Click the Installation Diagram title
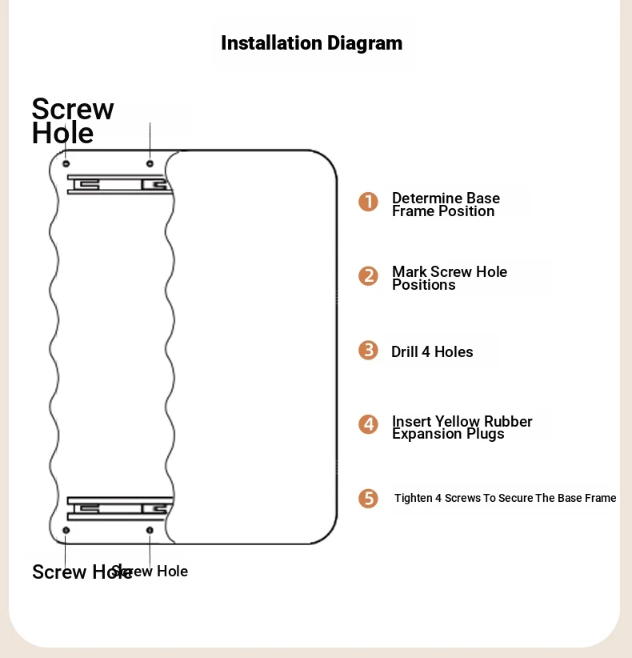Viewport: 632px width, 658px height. pyautogui.click(x=311, y=43)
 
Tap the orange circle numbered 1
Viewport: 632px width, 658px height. pyautogui.click(x=368, y=202)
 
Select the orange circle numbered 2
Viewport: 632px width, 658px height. pyautogui.click(x=368, y=276)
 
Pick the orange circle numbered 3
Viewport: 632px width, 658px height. pyautogui.click(x=368, y=351)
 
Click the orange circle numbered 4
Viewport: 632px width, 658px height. pyautogui.click(x=368, y=425)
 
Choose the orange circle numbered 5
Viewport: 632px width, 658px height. pyautogui.click(x=368, y=499)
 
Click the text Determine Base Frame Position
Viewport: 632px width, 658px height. pyautogui.click(x=446, y=204)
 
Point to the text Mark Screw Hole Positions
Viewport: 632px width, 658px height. pyautogui.click(x=450, y=278)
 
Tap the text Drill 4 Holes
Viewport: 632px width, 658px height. pyautogui.click(x=432, y=351)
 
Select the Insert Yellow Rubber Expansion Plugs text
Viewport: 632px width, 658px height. pyautogui.click(x=462, y=427)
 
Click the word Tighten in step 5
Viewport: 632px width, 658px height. pyautogui.click(x=413, y=498)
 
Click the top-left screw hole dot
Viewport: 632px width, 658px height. pyautogui.click(x=66, y=163)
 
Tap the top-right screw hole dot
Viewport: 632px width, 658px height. pyautogui.click(x=150, y=163)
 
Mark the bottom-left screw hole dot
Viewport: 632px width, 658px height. pyautogui.click(x=66, y=531)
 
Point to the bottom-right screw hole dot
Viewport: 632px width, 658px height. pyautogui.click(x=150, y=531)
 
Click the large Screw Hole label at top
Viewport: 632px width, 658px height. pyautogui.click(x=73, y=121)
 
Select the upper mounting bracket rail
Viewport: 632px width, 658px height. pyautogui.click(x=120, y=185)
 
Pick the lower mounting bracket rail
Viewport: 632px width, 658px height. pyautogui.click(x=120, y=508)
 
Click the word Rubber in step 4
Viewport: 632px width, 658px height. pyautogui.click(x=508, y=421)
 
